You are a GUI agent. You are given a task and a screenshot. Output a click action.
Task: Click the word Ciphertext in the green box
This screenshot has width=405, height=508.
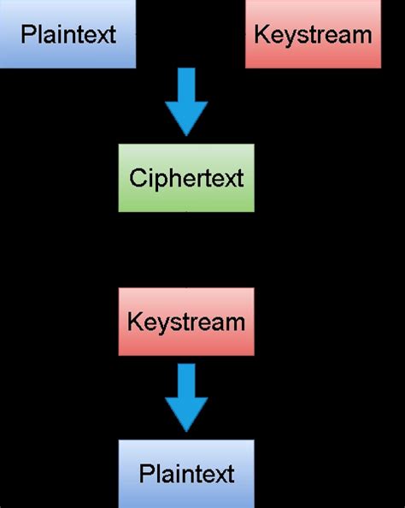(186, 178)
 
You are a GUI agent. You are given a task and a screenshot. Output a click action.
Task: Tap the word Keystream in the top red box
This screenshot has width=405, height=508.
(313, 35)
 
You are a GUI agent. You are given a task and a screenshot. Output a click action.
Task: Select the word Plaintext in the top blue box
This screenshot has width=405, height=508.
(67, 35)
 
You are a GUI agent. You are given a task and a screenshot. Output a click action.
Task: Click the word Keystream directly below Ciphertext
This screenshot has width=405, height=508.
(186, 322)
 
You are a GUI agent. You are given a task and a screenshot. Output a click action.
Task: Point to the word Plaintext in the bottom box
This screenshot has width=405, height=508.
(186, 473)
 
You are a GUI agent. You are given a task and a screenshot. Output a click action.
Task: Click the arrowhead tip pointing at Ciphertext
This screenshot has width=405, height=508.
(186, 134)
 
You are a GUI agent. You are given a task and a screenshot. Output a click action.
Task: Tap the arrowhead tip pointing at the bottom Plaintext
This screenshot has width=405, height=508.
(186, 430)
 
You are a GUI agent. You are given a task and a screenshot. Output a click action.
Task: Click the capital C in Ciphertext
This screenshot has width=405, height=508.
(136, 178)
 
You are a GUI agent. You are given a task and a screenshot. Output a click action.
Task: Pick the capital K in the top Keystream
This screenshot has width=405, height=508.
(261, 35)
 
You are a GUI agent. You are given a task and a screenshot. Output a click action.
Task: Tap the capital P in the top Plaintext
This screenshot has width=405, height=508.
(26, 35)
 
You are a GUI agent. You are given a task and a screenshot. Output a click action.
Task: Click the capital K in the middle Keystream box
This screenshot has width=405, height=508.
(133, 322)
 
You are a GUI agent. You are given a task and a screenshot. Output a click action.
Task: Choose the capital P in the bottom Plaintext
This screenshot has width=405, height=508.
(145, 473)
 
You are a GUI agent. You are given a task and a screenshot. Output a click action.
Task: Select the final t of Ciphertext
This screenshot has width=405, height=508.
(240, 178)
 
